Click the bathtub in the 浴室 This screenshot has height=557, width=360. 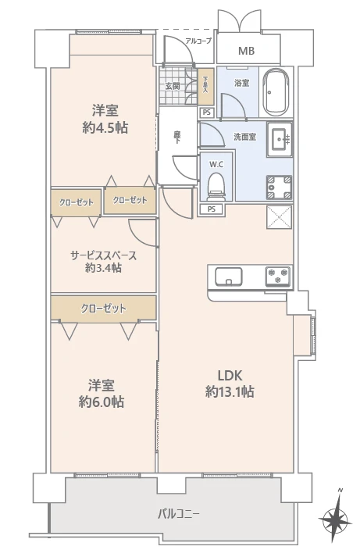point(276,91)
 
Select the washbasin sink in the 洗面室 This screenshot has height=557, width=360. point(280,139)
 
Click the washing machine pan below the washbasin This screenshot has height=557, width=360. point(279,187)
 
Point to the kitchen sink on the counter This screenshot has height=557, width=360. point(229,277)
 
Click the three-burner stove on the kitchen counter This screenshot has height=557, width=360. point(278,277)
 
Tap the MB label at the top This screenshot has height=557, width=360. point(247,51)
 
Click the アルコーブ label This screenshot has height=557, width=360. point(198,41)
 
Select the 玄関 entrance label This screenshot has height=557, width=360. point(173,86)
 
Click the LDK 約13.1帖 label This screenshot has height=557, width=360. point(230,384)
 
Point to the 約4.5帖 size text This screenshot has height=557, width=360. point(105,127)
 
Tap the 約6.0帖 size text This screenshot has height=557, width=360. point(102,402)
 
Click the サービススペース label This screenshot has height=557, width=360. point(104,255)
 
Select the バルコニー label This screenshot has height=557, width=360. point(179,514)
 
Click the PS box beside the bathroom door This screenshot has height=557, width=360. point(207,112)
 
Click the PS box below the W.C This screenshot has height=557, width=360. point(212,209)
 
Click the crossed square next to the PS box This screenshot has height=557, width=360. point(280,217)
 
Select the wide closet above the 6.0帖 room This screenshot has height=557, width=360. point(103,308)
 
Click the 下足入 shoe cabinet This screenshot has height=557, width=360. point(205,86)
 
